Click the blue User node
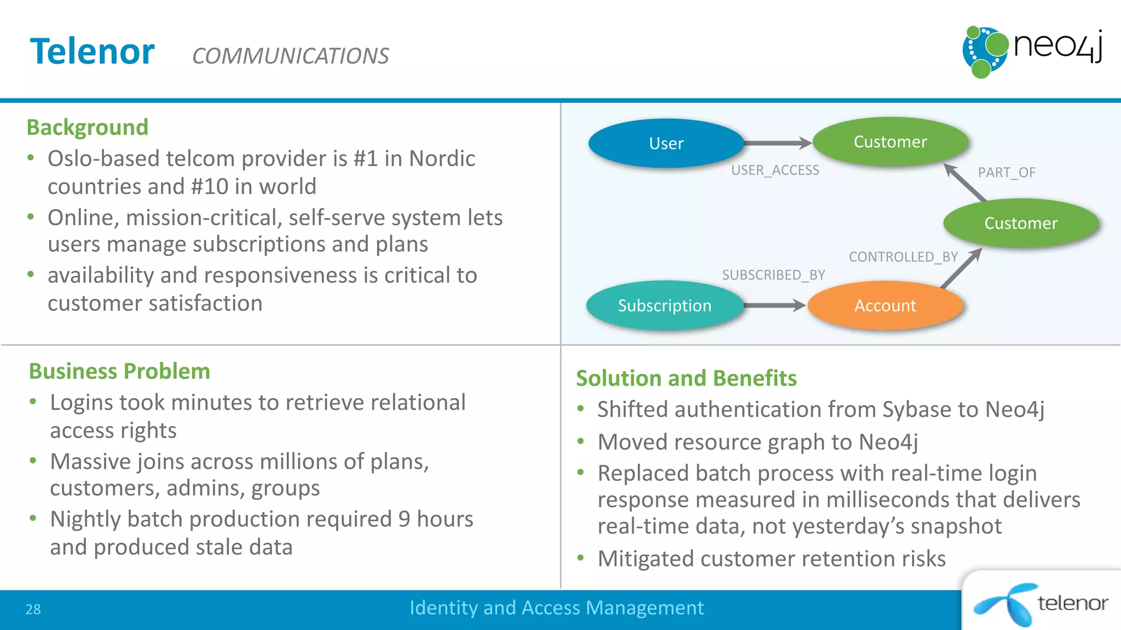click(666, 143)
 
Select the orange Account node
click(885, 305)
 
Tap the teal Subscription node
click(664, 305)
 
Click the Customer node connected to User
click(891, 142)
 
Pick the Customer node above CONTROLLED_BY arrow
click(1021, 223)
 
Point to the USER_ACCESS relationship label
click(775, 170)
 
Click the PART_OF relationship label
click(1007, 172)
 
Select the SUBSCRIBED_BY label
click(773, 275)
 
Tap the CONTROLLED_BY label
click(903, 256)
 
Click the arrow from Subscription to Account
click(774, 305)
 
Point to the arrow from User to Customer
click(777, 143)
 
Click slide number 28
click(33, 609)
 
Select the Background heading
click(88, 127)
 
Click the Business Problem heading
click(119, 371)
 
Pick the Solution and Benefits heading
click(686, 378)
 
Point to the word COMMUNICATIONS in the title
click(290, 56)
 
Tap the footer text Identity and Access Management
click(557, 608)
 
